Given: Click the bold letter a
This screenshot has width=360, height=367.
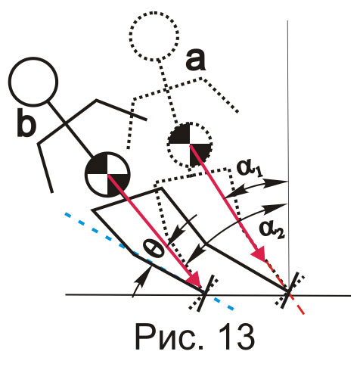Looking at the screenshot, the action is tap(195, 61).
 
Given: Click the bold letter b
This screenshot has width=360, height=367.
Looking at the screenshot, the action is tap(26, 123).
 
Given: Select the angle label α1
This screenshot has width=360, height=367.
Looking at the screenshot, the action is tap(250, 169).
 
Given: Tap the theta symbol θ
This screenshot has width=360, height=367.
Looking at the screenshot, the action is tap(153, 249).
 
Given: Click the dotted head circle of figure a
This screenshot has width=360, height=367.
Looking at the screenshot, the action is tap(154, 36).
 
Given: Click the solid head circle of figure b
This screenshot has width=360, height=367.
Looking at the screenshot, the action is tap(33, 81).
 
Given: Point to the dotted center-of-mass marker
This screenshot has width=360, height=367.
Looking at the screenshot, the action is tap(190, 145).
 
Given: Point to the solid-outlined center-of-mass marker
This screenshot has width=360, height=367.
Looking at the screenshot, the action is tap(108, 174).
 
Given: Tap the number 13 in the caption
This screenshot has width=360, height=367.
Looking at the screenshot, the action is tap(237, 337).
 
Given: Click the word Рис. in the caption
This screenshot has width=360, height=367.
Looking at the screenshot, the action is tap(169, 337).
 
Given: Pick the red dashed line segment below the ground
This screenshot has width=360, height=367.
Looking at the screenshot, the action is tap(297, 305).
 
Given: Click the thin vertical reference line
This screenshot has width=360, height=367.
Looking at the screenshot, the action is tap(288, 157).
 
